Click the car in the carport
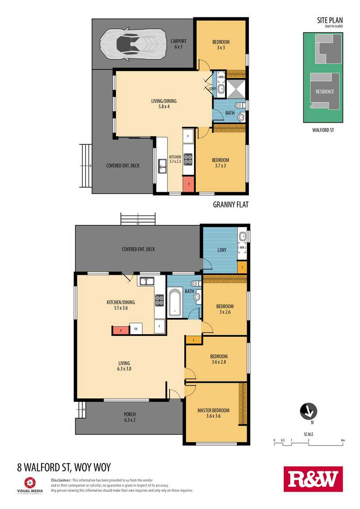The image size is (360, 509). tap(132, 44)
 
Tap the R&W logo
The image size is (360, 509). tap(313, 479)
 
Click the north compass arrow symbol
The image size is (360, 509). tap(308, 411)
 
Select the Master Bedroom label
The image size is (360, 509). tap(213, 413)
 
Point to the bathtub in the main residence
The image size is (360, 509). tap(175, 303)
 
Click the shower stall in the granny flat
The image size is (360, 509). tap(236, 88)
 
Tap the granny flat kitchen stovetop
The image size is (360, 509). tap(188, 159)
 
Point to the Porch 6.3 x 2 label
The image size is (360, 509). tap(130, 417)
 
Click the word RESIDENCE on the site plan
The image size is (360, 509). tap(325, 92)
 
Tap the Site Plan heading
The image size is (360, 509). tap(330, 20)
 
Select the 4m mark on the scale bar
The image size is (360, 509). tap(343, 440)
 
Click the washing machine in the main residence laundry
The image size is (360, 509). tap(242, 248)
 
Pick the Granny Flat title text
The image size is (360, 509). tap(230, 204)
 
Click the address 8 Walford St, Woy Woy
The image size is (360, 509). tap(64, 467)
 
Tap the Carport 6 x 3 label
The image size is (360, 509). tap(178, 44)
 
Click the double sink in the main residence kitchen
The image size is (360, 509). tap(147, 281)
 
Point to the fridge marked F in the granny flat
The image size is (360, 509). tap(188, 136)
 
